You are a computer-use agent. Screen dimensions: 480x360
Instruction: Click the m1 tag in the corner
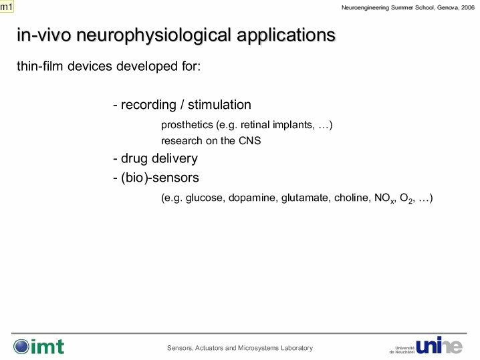pos(7,7)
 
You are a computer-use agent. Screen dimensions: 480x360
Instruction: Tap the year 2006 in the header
pos(468,7)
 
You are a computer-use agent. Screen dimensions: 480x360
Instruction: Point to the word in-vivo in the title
pos(44,35)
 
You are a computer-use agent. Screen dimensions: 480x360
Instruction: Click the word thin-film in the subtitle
pos(40,65)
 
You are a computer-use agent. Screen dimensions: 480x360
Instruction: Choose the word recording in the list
pos(148,105)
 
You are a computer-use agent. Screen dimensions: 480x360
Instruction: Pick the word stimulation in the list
pos(219,105)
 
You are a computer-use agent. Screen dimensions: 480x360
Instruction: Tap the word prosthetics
pos(187,125)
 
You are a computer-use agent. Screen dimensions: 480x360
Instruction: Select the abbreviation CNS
pos(250,141)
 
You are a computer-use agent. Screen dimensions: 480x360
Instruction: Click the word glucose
pos(205,198)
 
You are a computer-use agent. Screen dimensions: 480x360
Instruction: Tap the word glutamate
pos(306,198)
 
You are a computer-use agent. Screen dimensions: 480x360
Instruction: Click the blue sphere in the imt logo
pos(21,347)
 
